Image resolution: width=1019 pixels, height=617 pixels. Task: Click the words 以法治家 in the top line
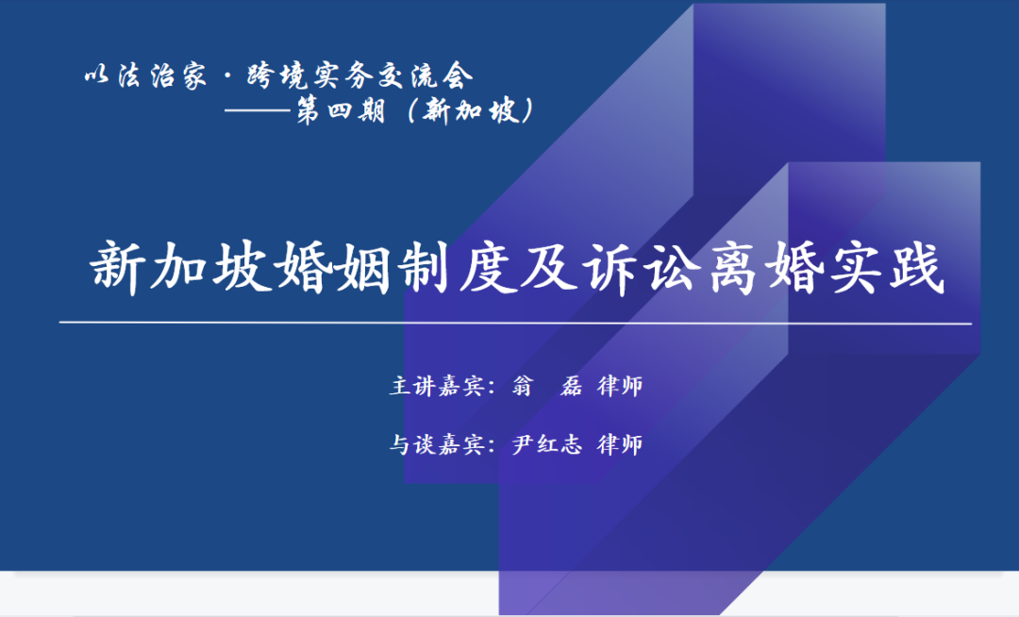coord(145,76)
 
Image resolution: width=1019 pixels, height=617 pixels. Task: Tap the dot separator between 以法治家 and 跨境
coord(226,76)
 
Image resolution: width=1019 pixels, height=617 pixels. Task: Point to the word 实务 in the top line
coord(342,76)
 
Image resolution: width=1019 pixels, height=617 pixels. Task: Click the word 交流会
coord(426,76)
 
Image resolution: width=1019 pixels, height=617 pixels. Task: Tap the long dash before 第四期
coord(258,111)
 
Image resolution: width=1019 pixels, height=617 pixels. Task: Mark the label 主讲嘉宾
coord(438,386)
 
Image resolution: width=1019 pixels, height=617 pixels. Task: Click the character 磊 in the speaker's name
coord(571,386)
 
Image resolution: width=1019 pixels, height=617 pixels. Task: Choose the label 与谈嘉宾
coord(438,444)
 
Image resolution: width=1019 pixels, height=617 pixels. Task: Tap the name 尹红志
coord(546,444)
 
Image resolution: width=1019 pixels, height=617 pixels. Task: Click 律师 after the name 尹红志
coord(620,444)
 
